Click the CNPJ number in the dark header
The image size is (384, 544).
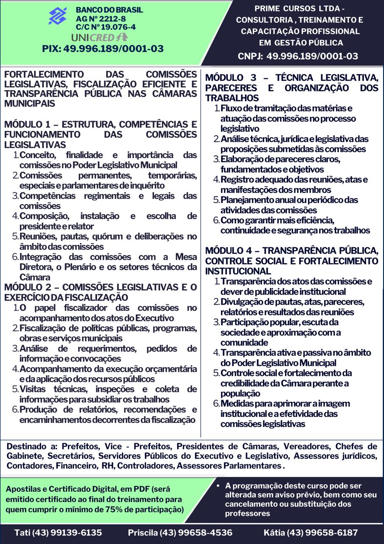click(312, 56)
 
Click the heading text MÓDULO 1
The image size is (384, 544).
click(29, 125)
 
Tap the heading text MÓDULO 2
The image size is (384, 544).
click(30, 287)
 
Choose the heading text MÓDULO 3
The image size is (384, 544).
click(231, 78)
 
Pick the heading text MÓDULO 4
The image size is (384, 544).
click(231, 251)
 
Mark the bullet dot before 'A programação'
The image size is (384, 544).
click(218, 485)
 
